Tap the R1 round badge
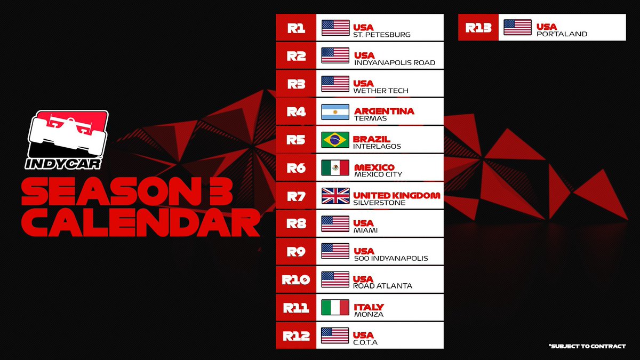click(296, 28)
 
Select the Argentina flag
click(335, 112)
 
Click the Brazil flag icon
click(335, 140)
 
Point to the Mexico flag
click(335, 168)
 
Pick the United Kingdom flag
click(335, 196)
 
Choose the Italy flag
click(335, 307)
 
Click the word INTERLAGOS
click(377, 147)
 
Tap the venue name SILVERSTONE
click(380, 203)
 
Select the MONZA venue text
click(369, 315)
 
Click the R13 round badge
click(478, 28)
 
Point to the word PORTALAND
click(562, 34)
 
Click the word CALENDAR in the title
click(140, 225)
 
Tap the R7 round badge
click(296, 196)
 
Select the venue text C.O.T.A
click(366, 342)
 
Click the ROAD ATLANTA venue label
click(383, 286)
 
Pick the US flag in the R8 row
click(335, 224)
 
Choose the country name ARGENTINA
click(384, 111)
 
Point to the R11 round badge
click(296, 307)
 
